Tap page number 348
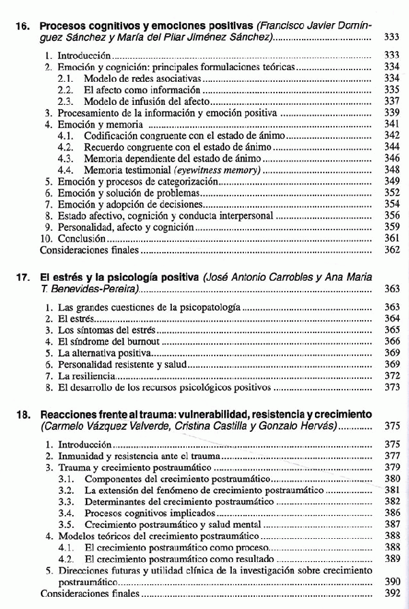click(391, 170)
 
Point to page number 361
click(391, 239)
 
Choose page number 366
click(391, 341)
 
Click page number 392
click(391, 593)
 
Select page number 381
click(391, 490)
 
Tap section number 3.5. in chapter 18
click(65, 525)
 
